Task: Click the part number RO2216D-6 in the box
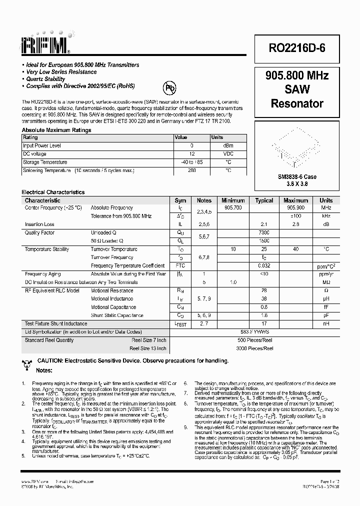[297, 48]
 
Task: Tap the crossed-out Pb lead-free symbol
[170, 88]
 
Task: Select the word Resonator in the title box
[297, 104]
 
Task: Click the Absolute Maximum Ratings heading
[56, 130]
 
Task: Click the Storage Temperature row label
[45, 162]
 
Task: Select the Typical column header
[264, 200]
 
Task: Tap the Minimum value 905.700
[233, 207]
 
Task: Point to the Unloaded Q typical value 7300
[264, 233]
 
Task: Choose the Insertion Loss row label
[39, 224]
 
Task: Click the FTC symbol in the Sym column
[180, 265]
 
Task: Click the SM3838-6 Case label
[297, 177]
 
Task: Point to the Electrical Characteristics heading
[53, 192]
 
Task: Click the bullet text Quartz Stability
[45, 79]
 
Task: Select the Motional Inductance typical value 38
[264, 299]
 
